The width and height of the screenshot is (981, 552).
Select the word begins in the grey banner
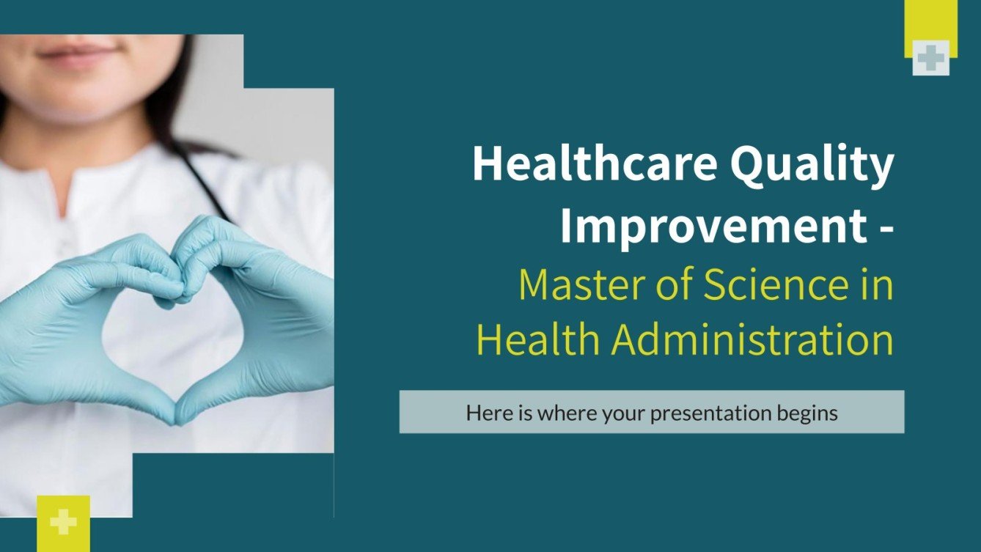[x=807, y=413]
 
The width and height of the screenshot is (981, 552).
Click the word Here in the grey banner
[x=485, y=413]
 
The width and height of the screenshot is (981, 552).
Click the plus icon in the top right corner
[x=931, y=58]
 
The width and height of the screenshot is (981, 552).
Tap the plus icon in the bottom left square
[x=64, y=522]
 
